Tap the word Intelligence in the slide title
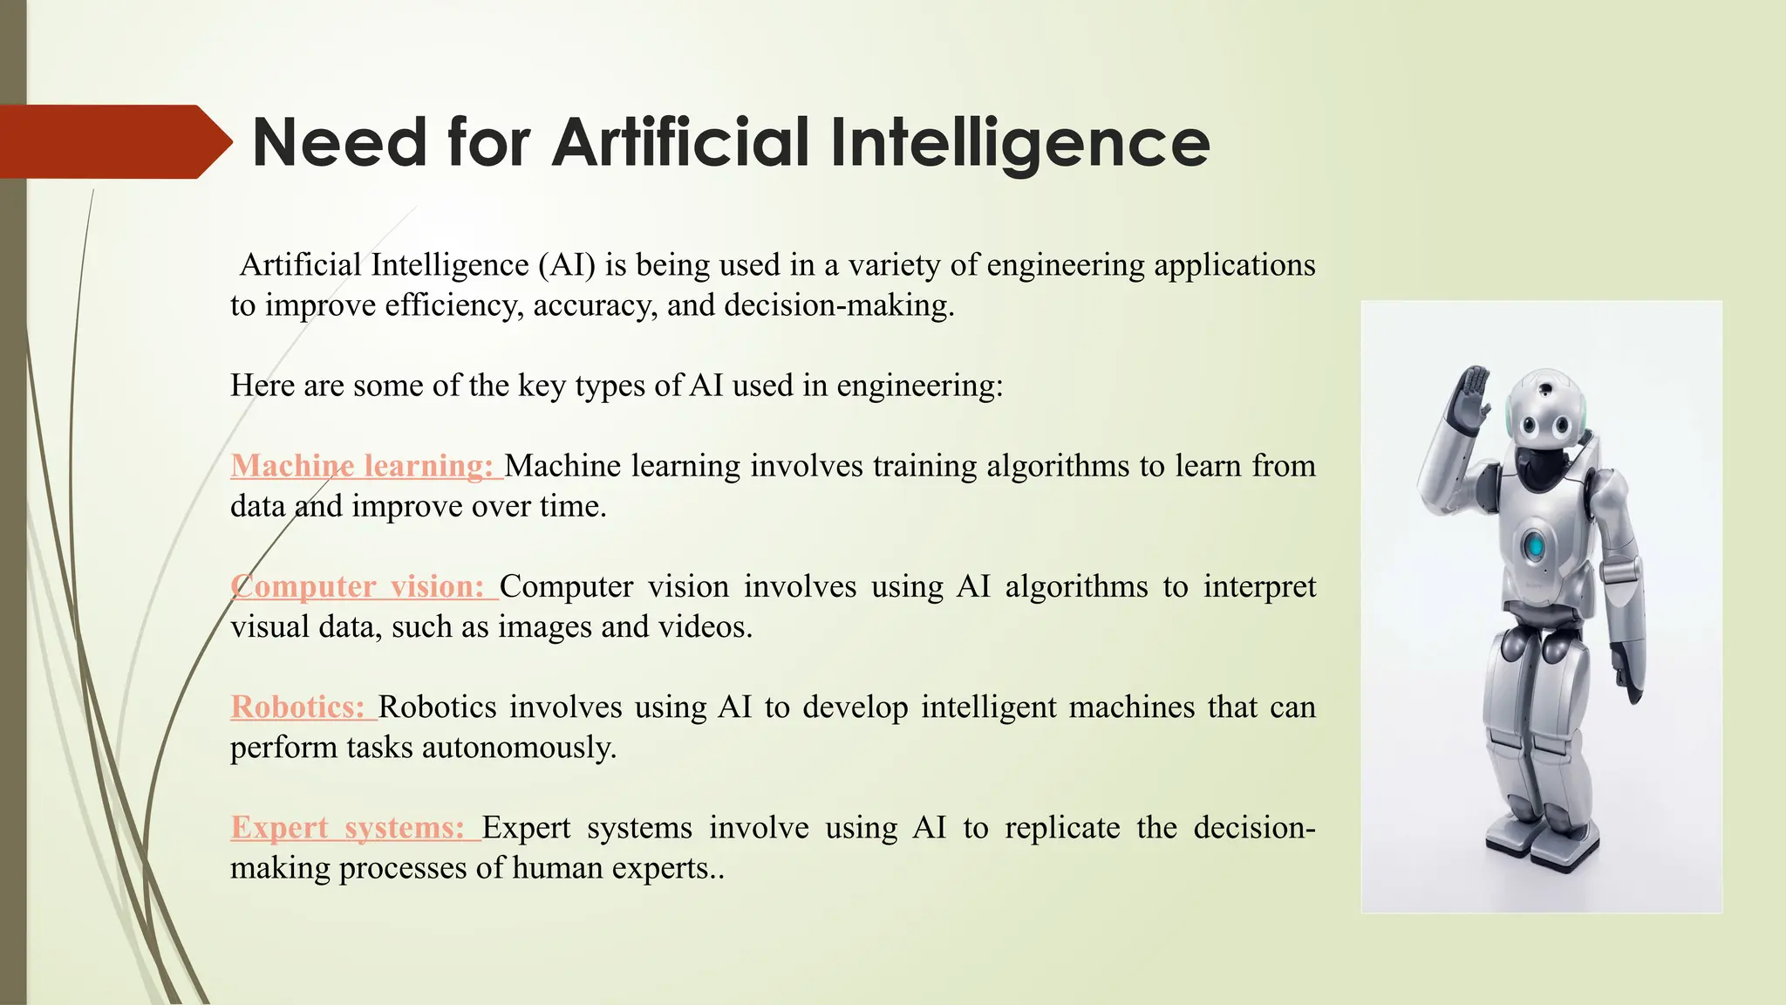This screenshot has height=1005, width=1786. tap(1019, 143)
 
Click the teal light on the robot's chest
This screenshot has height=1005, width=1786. tap(1533, 546)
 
